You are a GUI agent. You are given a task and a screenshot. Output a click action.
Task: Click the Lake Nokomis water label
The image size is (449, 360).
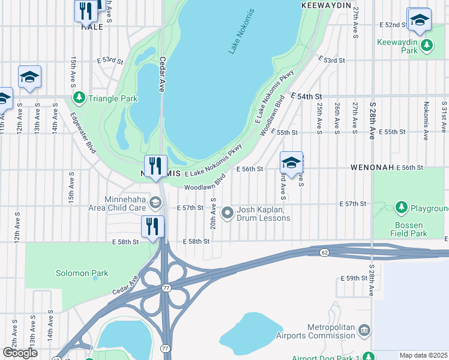(x=241, y=32)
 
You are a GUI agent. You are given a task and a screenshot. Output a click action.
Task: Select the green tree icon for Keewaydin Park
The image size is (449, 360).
(x=427, y=44)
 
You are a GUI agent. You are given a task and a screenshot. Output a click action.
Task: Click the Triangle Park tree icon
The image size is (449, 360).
(x=79, y=98)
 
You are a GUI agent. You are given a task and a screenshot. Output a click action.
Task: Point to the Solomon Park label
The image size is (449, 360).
(x=82, y=274)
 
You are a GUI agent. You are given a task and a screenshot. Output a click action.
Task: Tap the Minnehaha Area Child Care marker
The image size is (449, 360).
(x=155, y=202)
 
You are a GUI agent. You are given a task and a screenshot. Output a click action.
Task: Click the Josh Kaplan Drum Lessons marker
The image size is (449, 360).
(x=228, y=212)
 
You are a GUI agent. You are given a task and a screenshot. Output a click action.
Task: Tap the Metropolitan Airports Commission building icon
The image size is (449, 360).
(x=364, y=330)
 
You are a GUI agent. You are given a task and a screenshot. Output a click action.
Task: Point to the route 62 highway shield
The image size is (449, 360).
(x=324, y=252)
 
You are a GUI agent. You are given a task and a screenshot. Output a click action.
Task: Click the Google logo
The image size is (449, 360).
(x=20, y=353)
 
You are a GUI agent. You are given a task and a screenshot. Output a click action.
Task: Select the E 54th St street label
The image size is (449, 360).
(x=307, y=96)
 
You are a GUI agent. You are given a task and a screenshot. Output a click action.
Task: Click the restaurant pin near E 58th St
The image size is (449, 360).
(x=152, y=227)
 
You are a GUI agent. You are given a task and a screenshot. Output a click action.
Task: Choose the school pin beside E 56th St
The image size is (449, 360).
(x=291, y=163)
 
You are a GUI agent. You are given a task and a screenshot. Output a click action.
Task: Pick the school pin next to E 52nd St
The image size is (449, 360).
(x=418, y=20)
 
